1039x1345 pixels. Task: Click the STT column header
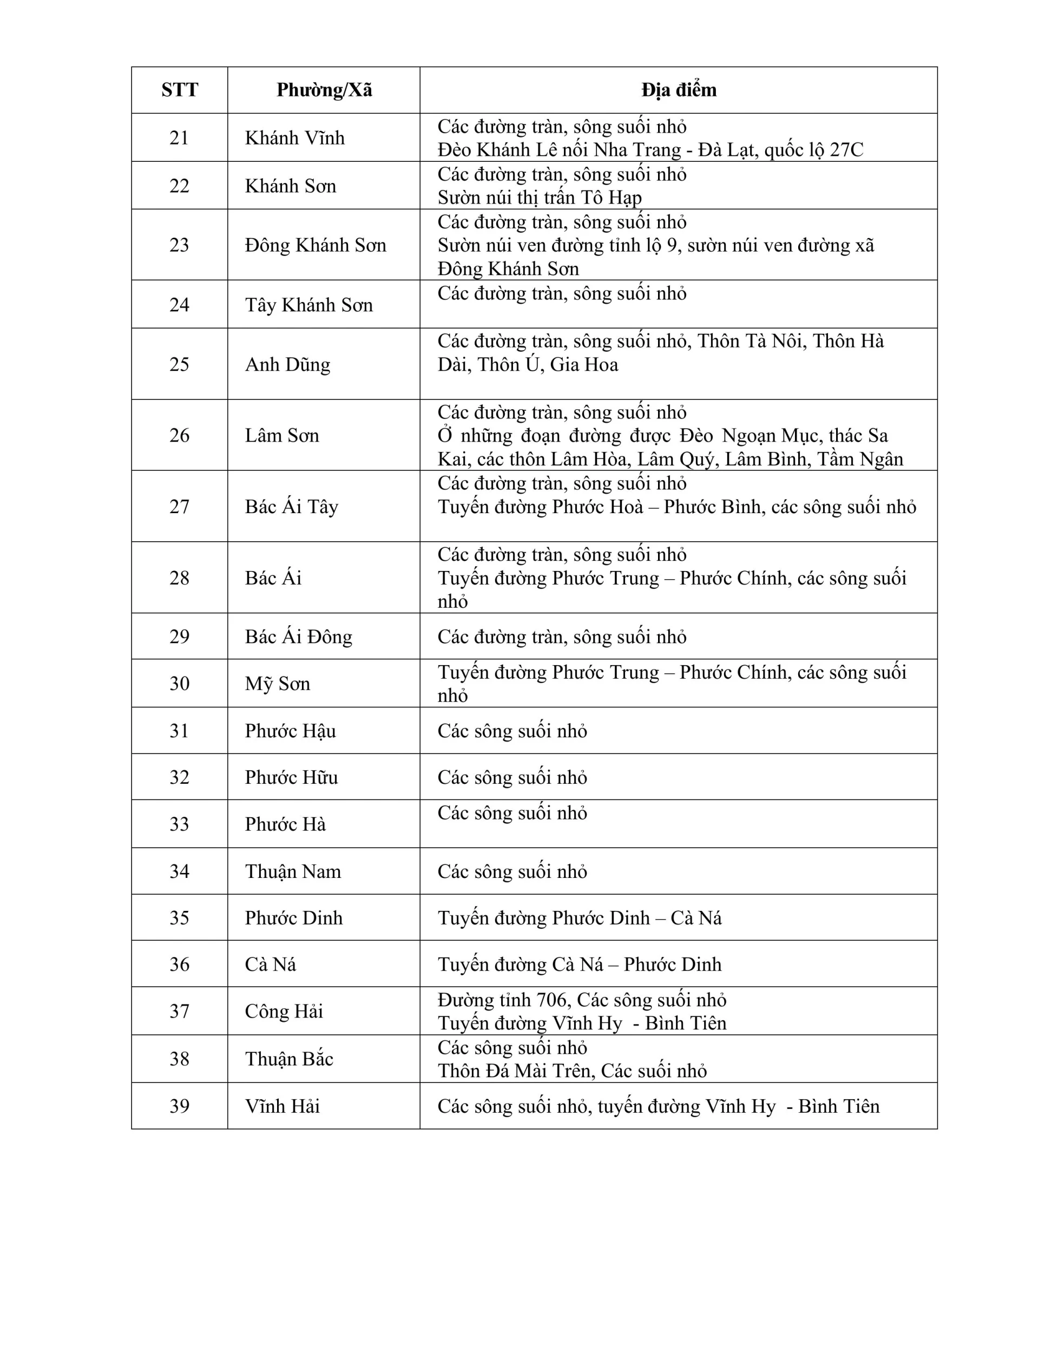tap(179, 90)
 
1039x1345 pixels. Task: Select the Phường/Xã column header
tap(324, 90)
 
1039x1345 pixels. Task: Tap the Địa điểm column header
tap(679, 90)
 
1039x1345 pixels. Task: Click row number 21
tap(179, 137)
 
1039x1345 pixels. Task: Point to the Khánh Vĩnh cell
tap(294, 137)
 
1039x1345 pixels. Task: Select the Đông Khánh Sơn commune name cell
tap(315, 245)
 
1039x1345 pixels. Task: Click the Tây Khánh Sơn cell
tap(308, 305)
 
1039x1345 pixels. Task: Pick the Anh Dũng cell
tap(287, 364)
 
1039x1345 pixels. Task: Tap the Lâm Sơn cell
tap(282, 435)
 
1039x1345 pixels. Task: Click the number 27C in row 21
tap(846, 149)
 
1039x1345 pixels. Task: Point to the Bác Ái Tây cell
tap(292, 506)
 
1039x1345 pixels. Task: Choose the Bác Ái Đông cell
tap(299, 636)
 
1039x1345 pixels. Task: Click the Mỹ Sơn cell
tap(277, 683)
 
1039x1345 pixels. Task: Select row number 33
tap(179, 824)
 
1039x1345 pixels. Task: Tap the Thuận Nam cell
tap(293, 871)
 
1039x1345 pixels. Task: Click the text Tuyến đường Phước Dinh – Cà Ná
tap(580, 917)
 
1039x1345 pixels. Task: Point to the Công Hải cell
tap(284, 1011)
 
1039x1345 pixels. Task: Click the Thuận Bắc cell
tap(289, 1058)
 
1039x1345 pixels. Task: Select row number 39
tap(179, 1106)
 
